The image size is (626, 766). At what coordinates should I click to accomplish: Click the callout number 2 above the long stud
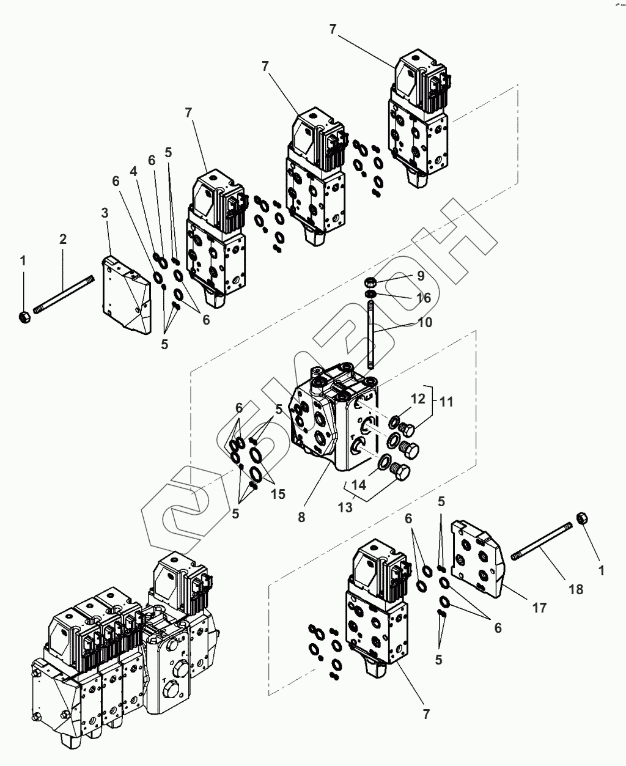[x=63, y=240]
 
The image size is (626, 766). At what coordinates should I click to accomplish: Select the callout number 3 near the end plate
[x=105, y=213]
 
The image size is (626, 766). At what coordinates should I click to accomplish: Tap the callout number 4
[x=133, y=171]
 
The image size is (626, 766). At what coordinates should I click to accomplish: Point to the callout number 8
[x=301, y=518]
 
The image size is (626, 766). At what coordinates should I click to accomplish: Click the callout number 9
[x=421, y=276]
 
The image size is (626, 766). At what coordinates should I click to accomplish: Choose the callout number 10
[x=424, y=322]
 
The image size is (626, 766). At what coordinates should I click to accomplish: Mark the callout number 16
[x=423, y=298]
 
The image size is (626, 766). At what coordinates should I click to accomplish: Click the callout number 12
[x=418, y=399]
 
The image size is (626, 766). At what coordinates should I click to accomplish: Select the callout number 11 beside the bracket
[x=446, y=402]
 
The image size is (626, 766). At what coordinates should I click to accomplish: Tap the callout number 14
[x=359, y=485]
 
